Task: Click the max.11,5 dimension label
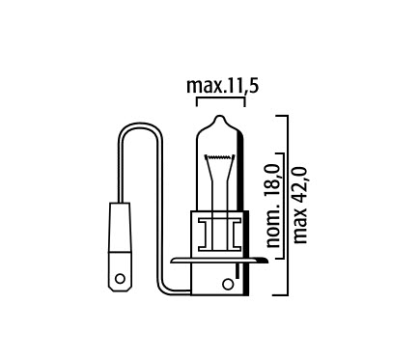click(221, 89)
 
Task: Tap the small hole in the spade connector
click(122, 282)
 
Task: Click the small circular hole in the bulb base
click(228, 284)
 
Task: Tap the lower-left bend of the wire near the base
click(164, 290)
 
